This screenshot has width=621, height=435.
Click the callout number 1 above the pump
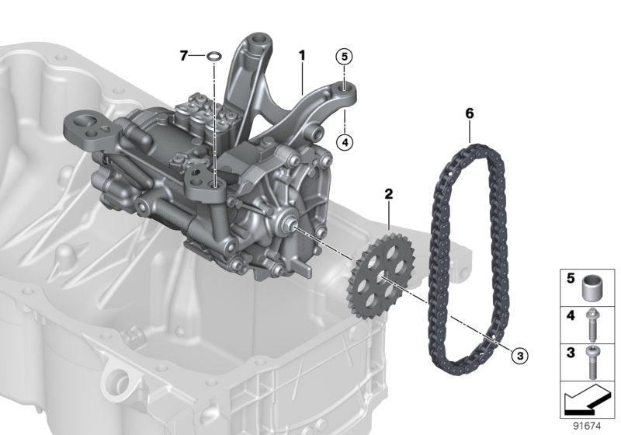coord(302,55)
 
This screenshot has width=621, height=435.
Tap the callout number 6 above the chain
coord(469,113)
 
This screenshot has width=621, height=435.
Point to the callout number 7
coord(184,55)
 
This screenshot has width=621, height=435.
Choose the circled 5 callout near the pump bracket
coord(344,56)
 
